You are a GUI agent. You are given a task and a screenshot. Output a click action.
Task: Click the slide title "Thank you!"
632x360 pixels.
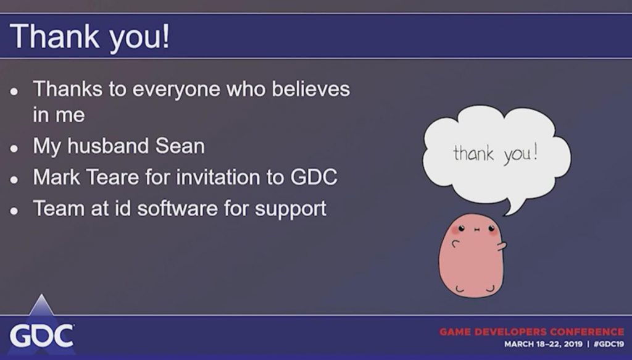(x=90, y=37)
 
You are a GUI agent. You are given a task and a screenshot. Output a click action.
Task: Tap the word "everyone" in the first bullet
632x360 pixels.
(x=176, y=90)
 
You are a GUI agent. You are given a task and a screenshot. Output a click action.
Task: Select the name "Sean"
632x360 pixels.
(x=180, y=146)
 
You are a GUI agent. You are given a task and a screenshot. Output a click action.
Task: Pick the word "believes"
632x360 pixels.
(x=311, y=89)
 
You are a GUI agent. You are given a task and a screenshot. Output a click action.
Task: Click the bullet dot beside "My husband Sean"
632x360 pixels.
(x=14, y=148)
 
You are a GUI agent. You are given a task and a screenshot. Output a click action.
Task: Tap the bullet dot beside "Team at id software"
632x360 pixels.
(x=14, y=211)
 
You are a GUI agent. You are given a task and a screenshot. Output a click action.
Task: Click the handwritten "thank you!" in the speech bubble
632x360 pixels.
(x=496, y=154)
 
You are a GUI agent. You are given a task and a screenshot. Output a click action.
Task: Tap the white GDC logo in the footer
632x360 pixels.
(x=41, y=335)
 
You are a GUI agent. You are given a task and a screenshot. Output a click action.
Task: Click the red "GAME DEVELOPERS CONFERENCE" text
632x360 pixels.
(x=531, y=332)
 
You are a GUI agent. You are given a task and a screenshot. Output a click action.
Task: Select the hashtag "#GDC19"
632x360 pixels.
(x=609, y=344)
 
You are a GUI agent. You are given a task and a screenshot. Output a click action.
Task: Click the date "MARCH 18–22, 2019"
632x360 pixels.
(x=543, y=344)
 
